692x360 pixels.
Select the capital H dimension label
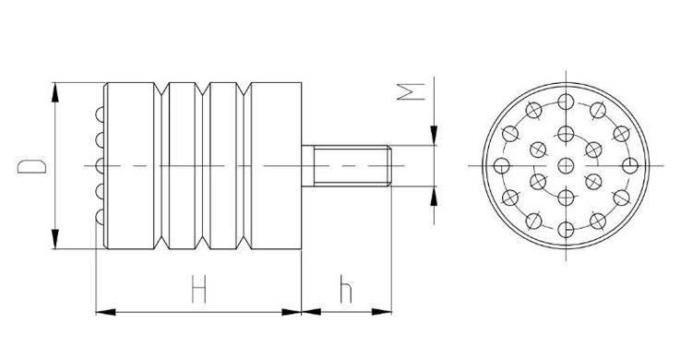(x=197, y=291)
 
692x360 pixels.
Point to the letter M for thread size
(x=416, y=90)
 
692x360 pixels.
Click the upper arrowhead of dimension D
(x=56, y=90)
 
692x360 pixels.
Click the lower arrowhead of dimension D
(x=56, y=242)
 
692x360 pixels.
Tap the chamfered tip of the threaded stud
(x=393, y=166)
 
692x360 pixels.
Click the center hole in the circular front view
(x=566, y=166)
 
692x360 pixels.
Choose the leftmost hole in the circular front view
(x=502, y=166)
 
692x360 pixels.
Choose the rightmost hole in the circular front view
(x=629, y=166)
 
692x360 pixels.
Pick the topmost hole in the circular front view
(x=566, y=102)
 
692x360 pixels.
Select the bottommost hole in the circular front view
(x=566, y=230)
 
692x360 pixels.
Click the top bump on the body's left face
(x=100, y=114)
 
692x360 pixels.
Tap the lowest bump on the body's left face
(x=100, y=218)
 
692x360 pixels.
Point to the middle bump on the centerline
(x=100, y=166)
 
